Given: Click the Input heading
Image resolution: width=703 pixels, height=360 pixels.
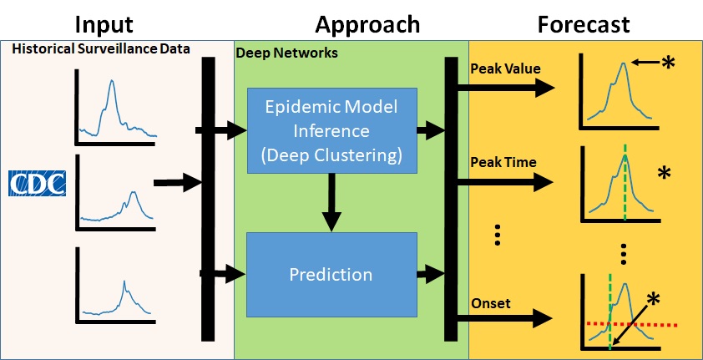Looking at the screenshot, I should [x=103, y=23].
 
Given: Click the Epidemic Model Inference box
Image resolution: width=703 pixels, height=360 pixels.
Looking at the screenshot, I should [x=332, y=129].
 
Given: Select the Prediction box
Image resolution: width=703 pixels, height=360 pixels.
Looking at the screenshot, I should [x=331, y=273].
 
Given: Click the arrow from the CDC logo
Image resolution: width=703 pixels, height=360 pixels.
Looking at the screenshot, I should [x=179, y=181].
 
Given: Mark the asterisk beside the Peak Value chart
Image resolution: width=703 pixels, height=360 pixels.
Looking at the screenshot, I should [x=668, y=63].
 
